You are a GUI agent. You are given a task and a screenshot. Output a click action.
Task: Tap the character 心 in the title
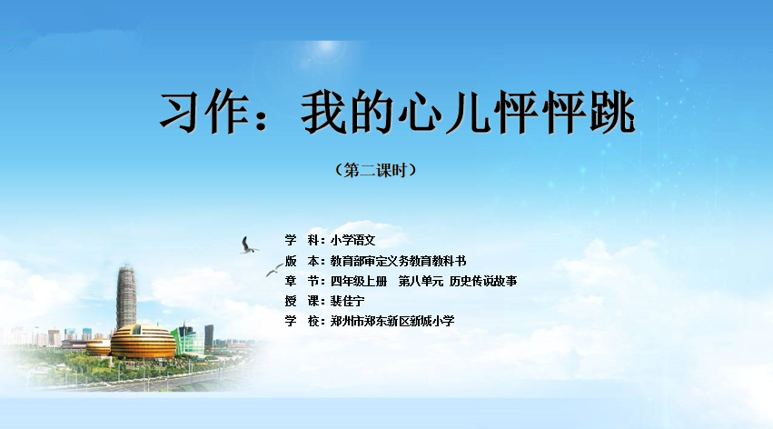click(x=420, y=113)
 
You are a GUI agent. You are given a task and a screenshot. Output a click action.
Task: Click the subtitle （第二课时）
click(x=376, y=170)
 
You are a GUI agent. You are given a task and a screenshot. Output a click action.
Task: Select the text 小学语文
click(x=353, y=240)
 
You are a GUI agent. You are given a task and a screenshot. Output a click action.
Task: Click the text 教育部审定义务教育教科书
click(x=399, y=261)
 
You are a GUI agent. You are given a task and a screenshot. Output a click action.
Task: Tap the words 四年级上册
click(x=359, y=281)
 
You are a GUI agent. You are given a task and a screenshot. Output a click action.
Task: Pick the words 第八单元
click(x=421, y=281)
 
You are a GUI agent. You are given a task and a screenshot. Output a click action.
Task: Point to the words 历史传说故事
click(x=483, y=281)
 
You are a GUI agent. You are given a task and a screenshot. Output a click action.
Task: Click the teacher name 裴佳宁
click(x=348, y=301)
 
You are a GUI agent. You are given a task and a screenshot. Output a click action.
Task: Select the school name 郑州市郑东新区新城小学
click(x=392, y=321)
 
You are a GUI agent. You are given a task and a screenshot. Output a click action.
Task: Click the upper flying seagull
click(x=249, y=245)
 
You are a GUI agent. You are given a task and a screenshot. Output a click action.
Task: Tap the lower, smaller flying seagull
click(x=274, y=270)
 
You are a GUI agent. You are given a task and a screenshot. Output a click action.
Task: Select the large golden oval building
click(x=143, y=341)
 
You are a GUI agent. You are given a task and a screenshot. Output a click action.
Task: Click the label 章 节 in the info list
click(x=302, y=281)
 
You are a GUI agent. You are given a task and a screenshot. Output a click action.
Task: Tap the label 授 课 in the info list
click(x=302, y=301)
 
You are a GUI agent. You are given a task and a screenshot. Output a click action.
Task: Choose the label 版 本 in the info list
click(x=302, y=261)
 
